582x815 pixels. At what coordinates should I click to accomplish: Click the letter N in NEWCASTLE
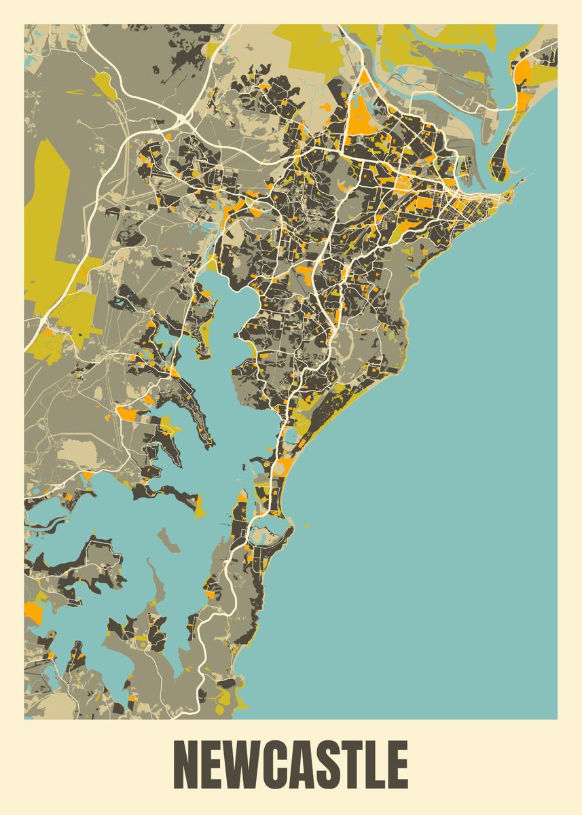189,765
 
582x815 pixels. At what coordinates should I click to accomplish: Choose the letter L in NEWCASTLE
379,765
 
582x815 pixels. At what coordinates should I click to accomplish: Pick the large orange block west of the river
364,113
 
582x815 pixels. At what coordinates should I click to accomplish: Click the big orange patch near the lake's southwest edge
33,611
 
